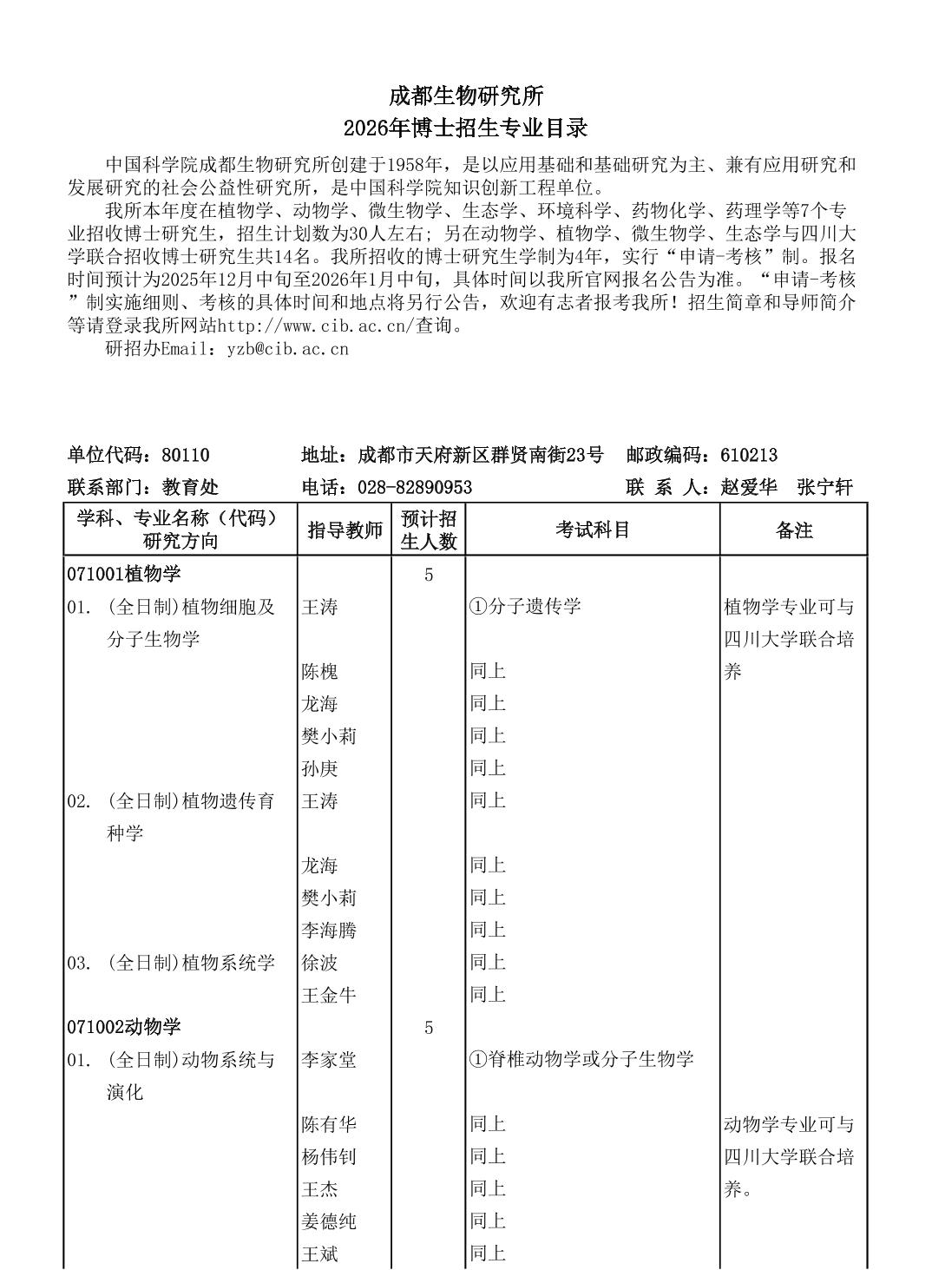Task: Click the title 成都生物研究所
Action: click(x=465, y=95)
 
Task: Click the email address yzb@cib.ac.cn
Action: click(x=287, y=349)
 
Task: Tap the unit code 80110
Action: click(x=186, y=455)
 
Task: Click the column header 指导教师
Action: click(x=345, y=530)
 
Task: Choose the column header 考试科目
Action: click(x=593, y=530)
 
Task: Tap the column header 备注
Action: click(x=793, y=530)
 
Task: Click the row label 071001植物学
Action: click(x=124, y=575)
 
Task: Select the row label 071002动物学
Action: click(x=124, y=1027)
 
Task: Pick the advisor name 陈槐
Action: click(x=319, y=671)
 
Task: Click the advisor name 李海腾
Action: click(x=329, y=931)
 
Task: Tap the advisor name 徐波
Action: click(x=319, y=963)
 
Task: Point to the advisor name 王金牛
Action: click(x=329, y=995)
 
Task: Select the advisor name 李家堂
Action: click(x=329, y=1060)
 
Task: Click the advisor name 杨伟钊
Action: click(x=329, y=1157)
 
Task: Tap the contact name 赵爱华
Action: click(x=749, y=487)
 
